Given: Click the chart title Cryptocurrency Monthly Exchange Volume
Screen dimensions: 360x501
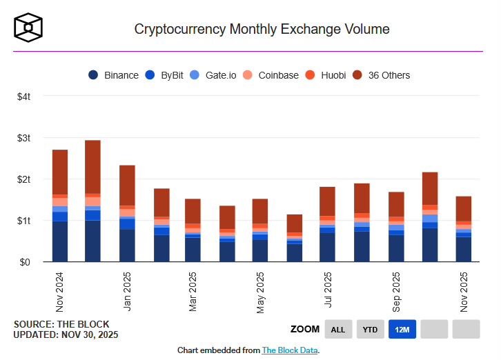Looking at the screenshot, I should click(262, 29).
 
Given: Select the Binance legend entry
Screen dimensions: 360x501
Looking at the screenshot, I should click(114, 75).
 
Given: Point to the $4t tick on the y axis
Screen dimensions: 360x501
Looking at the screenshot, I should click(23, 97).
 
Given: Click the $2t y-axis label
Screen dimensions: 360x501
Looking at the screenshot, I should click(23, 179).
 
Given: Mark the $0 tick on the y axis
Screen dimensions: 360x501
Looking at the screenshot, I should click(26, 262).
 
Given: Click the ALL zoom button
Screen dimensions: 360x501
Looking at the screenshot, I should click(338, 330).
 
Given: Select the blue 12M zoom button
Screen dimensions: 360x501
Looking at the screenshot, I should click(402, 330).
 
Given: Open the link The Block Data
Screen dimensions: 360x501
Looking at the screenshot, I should click(290, 350).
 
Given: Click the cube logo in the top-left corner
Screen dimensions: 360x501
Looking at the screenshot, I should click(29, 28).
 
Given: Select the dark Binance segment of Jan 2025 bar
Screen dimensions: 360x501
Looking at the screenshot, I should click(127, 246).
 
